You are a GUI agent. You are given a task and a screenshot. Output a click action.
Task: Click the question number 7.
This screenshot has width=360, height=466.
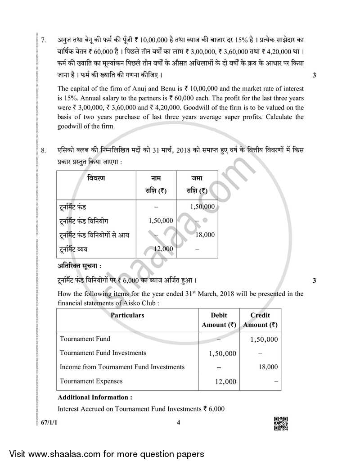tap(43, 40)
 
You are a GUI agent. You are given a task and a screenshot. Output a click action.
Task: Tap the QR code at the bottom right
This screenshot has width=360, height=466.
tap(281, 424)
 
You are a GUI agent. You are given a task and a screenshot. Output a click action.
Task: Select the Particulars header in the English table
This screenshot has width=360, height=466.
tap(127, 316)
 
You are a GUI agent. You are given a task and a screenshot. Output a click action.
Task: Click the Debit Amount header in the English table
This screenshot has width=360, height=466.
tap(219, 320)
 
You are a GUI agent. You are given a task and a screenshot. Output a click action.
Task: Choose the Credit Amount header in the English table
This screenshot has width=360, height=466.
tap(260, 320)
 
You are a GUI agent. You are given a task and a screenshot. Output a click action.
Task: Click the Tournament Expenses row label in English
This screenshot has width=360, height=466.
tap(91, 381)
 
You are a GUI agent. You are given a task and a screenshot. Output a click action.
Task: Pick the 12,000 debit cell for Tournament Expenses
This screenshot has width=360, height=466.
tap(225, 382)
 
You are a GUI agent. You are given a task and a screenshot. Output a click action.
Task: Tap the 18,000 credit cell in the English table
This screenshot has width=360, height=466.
tap(268, 367)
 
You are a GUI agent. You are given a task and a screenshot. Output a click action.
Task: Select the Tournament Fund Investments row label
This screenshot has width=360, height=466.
tap(103, 353)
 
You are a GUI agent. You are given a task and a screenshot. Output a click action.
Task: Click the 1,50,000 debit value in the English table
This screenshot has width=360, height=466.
tap(222, 353)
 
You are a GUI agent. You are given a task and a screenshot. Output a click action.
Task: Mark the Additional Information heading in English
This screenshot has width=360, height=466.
tap(95, 398)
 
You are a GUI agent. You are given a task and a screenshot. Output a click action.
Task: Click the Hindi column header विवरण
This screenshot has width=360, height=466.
tap(96, 178)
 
